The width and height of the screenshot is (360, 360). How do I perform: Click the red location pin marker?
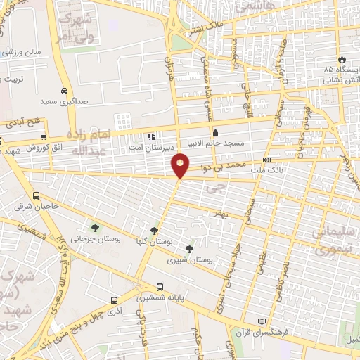pyautogui.click(x=181, y=165)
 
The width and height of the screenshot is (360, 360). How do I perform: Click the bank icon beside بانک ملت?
pyautogui.click(x=266, y=160)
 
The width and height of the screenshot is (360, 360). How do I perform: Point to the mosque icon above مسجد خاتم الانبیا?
pyautogui.click(x=215, y=131)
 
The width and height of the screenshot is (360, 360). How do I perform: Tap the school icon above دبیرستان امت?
pyautogui.click(x=150, y=136)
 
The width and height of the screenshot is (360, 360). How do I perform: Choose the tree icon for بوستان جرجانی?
pyautogui.click(x=95, y=227)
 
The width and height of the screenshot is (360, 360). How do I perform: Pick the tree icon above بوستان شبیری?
pyautogui.click(x=188, y=248)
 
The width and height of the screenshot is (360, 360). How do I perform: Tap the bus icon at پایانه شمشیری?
pyautogui.click(x=160, y=287)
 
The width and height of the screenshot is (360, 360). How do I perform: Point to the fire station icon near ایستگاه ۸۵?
pyautogui.click(x=342, y=59)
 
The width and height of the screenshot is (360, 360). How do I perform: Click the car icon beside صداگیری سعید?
pyautogui.click(x=64, y=91)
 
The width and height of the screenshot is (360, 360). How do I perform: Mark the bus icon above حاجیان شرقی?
pyautogui.click(x=36, y=195)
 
